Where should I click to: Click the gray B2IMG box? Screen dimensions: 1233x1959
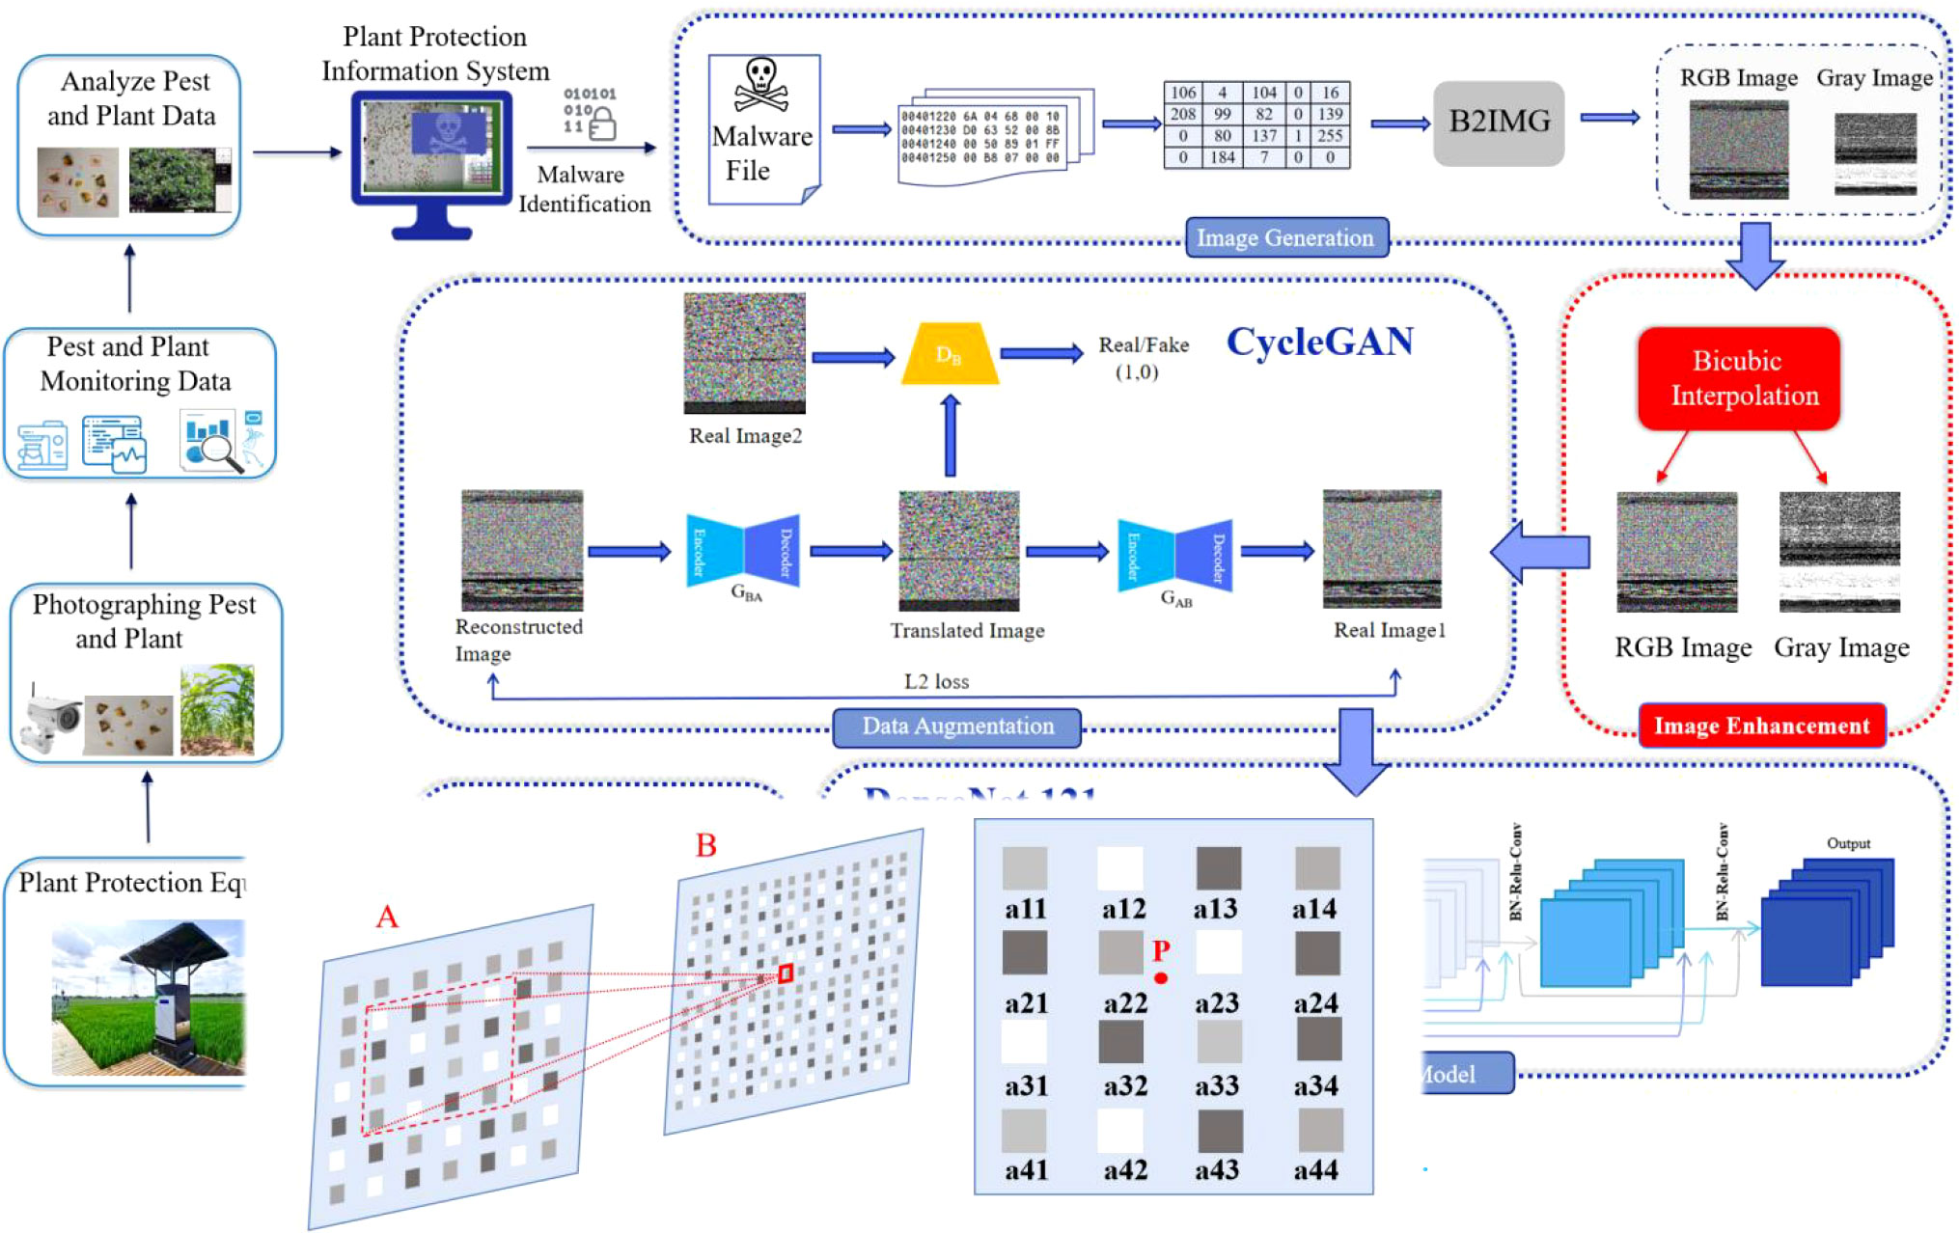pyautogui.click(x=1498, y=123)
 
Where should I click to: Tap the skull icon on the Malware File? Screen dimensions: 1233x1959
pyautogui.click(x=761, y=85)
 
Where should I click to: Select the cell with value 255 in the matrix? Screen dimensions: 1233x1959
pyautogui.click(x=1330, y=136)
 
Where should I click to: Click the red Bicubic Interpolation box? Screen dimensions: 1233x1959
pyautogui.click(x=1739, y=378)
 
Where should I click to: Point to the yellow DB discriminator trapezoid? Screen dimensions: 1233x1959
pyautogui.click(x=950, y=355)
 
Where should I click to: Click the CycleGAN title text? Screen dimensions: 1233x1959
pyautogui.click(x=1319, y=342)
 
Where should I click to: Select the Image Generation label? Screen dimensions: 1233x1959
pyautogui.click(x=1285, y=237)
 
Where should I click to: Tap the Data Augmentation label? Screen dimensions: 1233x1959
pyautogui.click(x=956, y=726)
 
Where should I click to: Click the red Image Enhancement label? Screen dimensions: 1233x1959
pyautogui.click(x=1761, y=726)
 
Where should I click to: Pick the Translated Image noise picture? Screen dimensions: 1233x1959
pyautogui.click(x=958, y=550)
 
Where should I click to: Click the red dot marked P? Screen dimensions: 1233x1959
pyautogui.click(x=1161, y=978)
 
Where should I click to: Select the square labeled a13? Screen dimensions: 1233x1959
pyautogui.click(x=1218, y=867)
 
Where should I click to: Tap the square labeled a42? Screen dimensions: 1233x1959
pyautogui.click(x=1119, y=1131)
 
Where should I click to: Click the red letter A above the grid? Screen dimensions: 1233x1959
pyautogui.click(x=387, y=917)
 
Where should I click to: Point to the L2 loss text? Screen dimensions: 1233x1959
pyautogui.click(x=936, y=681)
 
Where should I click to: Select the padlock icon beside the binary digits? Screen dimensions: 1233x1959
pyautogui.click(x=602, y=124)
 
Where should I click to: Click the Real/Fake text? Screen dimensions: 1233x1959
pyautogui.click(x=1144, y=345)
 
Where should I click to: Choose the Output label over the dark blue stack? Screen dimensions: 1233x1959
pyautogui.click(x=1848, y=843)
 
